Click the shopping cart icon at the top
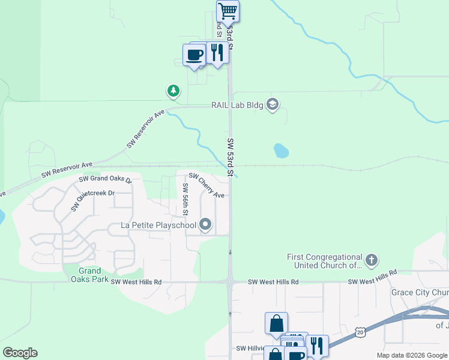point(228,11)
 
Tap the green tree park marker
point(173,91)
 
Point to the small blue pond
point(280,150)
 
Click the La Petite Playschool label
point(158,226)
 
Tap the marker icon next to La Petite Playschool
point(206,226)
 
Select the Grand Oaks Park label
point(89,275)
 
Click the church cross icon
point(372,260)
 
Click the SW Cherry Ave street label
point(206,185)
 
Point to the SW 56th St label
point(185,199)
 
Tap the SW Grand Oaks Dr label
point(105,179)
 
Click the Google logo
point(20,353)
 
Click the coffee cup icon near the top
point(194,55)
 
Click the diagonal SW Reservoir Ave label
point(145,129)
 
